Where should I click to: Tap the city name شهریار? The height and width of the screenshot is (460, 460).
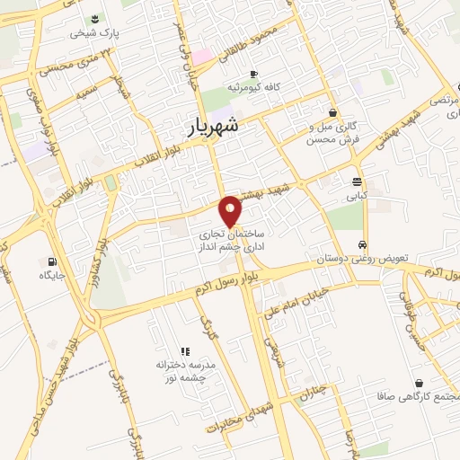click(216, 128)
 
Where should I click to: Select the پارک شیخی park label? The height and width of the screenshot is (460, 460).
click(96, 33)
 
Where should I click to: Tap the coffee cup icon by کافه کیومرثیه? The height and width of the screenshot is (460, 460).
click(254, 74)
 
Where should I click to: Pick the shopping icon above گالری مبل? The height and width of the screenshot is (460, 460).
click(334, 113)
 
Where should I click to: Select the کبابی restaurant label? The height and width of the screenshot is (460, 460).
click(357, 193)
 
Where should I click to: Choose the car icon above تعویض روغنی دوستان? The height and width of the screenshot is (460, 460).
click(361, 244)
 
